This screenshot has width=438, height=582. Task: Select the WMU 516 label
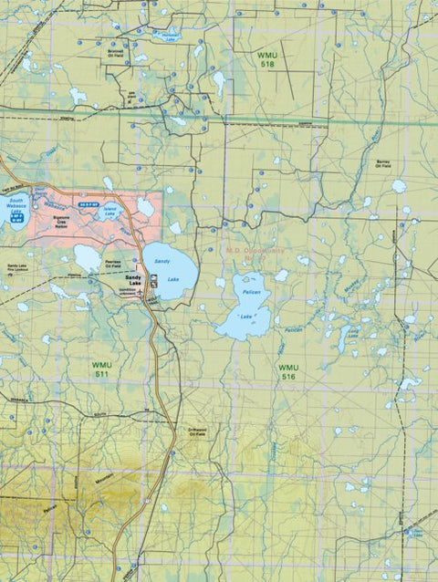click(288, 371)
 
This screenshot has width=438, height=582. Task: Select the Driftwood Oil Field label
click(197, 431)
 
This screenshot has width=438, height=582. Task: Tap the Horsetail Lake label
click(164, 37)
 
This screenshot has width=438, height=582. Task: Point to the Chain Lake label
click(417, 532)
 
